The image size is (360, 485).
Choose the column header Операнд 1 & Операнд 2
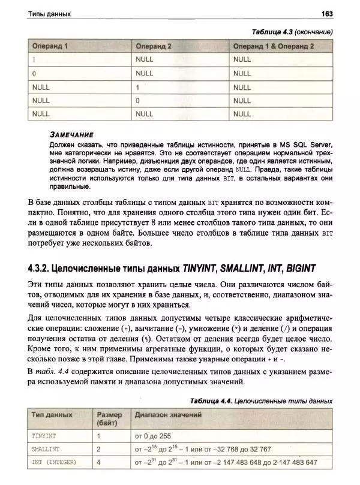coord(274,46)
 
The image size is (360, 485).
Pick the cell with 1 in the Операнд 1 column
coord(34,59)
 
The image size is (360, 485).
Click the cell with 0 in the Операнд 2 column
coord(138,100)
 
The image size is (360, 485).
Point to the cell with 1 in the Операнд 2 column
coord(138,86)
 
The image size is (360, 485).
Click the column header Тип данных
coord(52,414)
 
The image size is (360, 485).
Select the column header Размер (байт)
coord(109,418)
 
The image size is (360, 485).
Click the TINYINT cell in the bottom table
coord(46,436)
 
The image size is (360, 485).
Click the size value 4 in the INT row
coord(98,462)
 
